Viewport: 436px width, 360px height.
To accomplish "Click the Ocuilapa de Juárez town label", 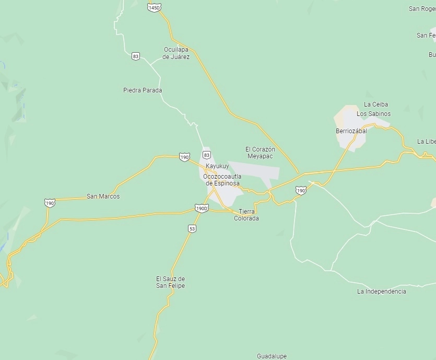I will coord(176,53).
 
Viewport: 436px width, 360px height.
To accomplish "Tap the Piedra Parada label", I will coord(143,90).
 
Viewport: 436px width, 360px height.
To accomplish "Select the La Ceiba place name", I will coord(376,104).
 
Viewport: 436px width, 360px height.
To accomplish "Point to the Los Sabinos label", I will coord(373,113).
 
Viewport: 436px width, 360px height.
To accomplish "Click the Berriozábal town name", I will coord(351,131).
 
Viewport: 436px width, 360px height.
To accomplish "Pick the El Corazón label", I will coord(260,149).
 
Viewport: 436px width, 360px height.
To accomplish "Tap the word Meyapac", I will coord(260,156).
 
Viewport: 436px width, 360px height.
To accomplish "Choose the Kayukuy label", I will coord(217,166).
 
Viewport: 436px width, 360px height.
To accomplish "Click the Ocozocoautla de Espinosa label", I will coord(222,180).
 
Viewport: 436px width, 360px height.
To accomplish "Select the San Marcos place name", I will coord(103,196).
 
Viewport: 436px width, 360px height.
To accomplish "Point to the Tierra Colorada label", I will coord(246,215).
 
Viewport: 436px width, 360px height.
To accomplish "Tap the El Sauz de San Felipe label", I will coord(170,282).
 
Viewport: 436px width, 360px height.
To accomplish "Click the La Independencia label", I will coord(381,292).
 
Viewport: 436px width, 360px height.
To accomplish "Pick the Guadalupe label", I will coord(272,356).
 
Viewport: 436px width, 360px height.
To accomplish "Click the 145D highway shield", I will coord(154,8).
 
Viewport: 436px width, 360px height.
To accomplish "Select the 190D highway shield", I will coord(202,208).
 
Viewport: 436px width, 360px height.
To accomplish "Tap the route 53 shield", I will coord(192,229).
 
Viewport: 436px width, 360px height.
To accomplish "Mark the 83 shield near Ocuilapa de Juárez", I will coord(136,56).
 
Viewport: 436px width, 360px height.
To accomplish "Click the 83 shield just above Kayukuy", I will coord(207,155).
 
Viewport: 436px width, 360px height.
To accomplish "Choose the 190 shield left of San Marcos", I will coord(50,203).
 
